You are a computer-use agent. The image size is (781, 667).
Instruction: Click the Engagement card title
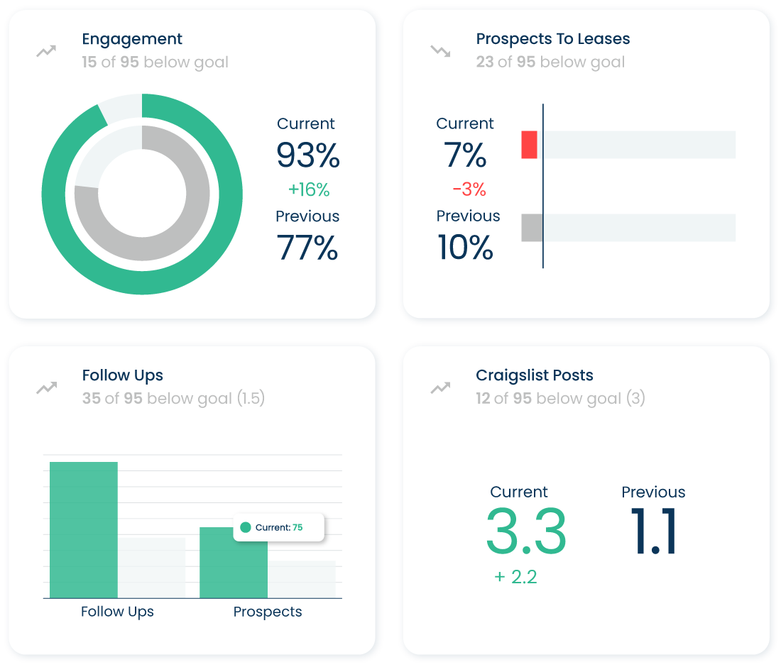(132, 39)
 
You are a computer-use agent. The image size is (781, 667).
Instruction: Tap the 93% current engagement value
(308, 155)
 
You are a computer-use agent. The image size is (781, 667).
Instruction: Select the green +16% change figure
(309, 189)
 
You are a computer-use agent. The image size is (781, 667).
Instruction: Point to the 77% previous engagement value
(308, 248)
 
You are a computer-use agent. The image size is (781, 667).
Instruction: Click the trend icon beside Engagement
(46, 51)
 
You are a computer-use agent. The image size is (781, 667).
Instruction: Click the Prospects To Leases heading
(552, 39)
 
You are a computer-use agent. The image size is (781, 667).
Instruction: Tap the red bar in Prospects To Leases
(529, 145)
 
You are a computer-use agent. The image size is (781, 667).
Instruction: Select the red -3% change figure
(469, 189)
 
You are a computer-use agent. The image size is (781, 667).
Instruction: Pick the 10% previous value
(465, 248)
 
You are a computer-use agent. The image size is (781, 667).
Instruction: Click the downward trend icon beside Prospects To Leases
(440, 51)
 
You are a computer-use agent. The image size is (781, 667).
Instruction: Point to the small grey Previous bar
(531, 228)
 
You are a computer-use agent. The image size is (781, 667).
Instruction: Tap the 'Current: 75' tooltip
(279, 527)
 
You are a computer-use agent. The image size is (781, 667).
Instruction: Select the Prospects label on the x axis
(268, 612)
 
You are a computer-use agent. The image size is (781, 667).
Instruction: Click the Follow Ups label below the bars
(117, 612)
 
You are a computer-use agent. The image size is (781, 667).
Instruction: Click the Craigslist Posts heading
(534, 375)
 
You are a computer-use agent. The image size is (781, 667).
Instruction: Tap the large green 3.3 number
(526, 532)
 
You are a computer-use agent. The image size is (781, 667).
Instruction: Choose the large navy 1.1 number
(653, 532)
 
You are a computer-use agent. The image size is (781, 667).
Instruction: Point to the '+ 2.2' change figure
(515, 577)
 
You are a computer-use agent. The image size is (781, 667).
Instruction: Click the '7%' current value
(465, 155)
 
